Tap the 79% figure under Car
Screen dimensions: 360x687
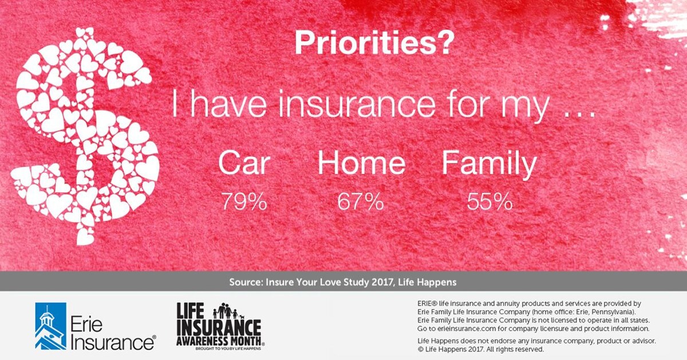click(244, 202)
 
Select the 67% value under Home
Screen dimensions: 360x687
click(361, 202)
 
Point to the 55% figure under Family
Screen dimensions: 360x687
click(489, 202)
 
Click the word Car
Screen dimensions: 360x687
click(244, 164)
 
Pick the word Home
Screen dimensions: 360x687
click(361, 164)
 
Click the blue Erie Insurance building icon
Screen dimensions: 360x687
click(50, 326)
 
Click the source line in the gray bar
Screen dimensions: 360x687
click(342, 282)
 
